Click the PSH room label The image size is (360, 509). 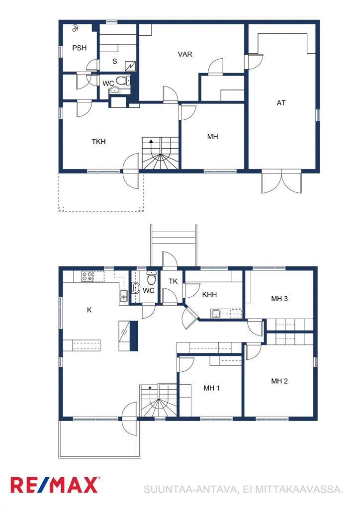coord(80,48)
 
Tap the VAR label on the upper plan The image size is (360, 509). coord(185,54)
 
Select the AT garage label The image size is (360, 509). coord(281,103)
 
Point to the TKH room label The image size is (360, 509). coord(98,142)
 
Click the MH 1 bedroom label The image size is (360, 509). coord(212,388)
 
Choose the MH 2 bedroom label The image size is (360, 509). coord(279,381)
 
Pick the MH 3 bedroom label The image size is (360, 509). coord(279,299)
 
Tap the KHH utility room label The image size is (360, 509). coord(209,294)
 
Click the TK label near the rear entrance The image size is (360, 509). coord(173,281)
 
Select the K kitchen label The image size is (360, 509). coord(90,310)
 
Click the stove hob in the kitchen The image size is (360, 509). coord(87,276)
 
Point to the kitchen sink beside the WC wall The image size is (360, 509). coord(123,296)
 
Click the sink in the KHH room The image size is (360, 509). coord(216,314)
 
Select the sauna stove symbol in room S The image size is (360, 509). coord(130,66)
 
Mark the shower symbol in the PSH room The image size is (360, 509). coord(75,28)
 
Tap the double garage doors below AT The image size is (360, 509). coord(282,181)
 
